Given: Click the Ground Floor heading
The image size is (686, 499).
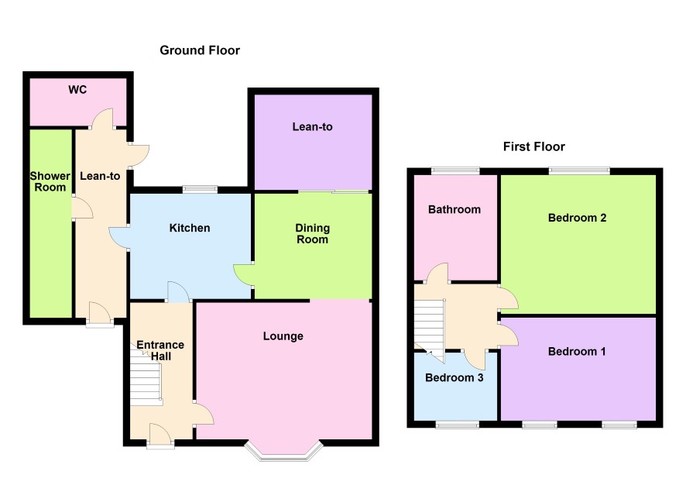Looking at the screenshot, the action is tap(200, 50).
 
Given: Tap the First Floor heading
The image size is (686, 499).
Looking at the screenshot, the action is tap(533, 146).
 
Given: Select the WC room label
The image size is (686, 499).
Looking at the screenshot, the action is tap(77, 90).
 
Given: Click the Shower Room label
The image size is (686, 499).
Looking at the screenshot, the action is tap(50, 181).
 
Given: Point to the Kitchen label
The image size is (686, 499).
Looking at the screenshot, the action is tap(190, 228).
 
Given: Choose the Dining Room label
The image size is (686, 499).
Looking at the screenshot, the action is tap(312, 234).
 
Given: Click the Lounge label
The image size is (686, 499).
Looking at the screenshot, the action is tap(283, 336).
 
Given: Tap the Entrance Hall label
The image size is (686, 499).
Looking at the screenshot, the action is tap(160, 350).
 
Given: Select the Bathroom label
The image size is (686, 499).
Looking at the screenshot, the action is tap(454, 210).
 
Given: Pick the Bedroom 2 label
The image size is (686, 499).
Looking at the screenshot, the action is tap(577, 218).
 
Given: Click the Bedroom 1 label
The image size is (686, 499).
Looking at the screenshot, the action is tap(577, 352).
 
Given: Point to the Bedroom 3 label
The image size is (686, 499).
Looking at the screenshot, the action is tap(454, 377).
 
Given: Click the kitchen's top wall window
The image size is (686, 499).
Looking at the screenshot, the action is tap(200, 190).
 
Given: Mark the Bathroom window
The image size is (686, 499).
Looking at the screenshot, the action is tap(455, 170).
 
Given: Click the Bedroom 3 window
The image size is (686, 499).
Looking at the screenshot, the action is tap(457, 424).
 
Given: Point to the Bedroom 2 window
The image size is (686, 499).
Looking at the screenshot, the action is tap(579, 170).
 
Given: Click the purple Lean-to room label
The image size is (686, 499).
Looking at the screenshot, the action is tap(312, 127).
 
